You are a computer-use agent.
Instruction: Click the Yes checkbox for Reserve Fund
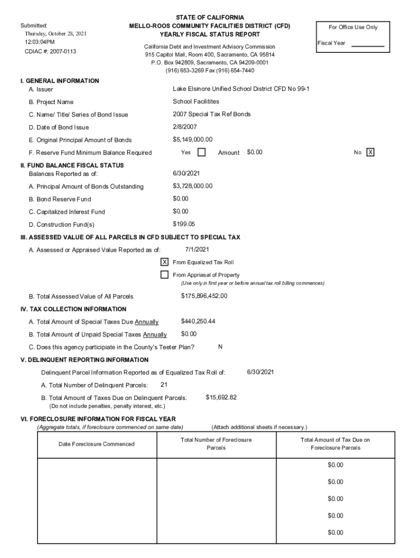coord(201,153)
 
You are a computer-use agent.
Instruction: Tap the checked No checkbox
coord(370,153)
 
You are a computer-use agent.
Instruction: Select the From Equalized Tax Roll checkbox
coord(164,262)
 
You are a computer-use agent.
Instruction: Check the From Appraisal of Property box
coord(164,275)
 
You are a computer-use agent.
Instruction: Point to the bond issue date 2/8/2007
coord(185,127)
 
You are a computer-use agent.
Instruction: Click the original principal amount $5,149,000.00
coord(193,139)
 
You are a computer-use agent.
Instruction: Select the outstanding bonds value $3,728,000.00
coord(193,186)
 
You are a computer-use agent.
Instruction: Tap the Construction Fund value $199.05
coord(184,224)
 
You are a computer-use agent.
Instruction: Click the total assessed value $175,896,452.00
coord(204,296)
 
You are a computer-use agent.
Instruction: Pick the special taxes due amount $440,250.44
coord(198,322)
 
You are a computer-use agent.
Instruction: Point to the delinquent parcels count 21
coord(164,385)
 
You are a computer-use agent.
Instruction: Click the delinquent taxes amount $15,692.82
coord(221,397)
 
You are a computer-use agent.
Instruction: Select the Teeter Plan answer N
coord(220,347)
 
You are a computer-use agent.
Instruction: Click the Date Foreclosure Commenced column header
coord(97,444)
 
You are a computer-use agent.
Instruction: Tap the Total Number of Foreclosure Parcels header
coord(216,444)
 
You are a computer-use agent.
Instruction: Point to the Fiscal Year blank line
coord(368,46)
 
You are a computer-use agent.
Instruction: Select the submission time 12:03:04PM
coord(39,41)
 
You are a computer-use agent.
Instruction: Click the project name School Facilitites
coord(196,102)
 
